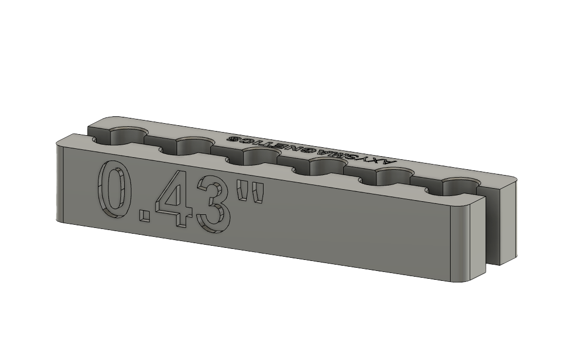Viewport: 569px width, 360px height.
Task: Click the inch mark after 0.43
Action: (249, 193)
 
